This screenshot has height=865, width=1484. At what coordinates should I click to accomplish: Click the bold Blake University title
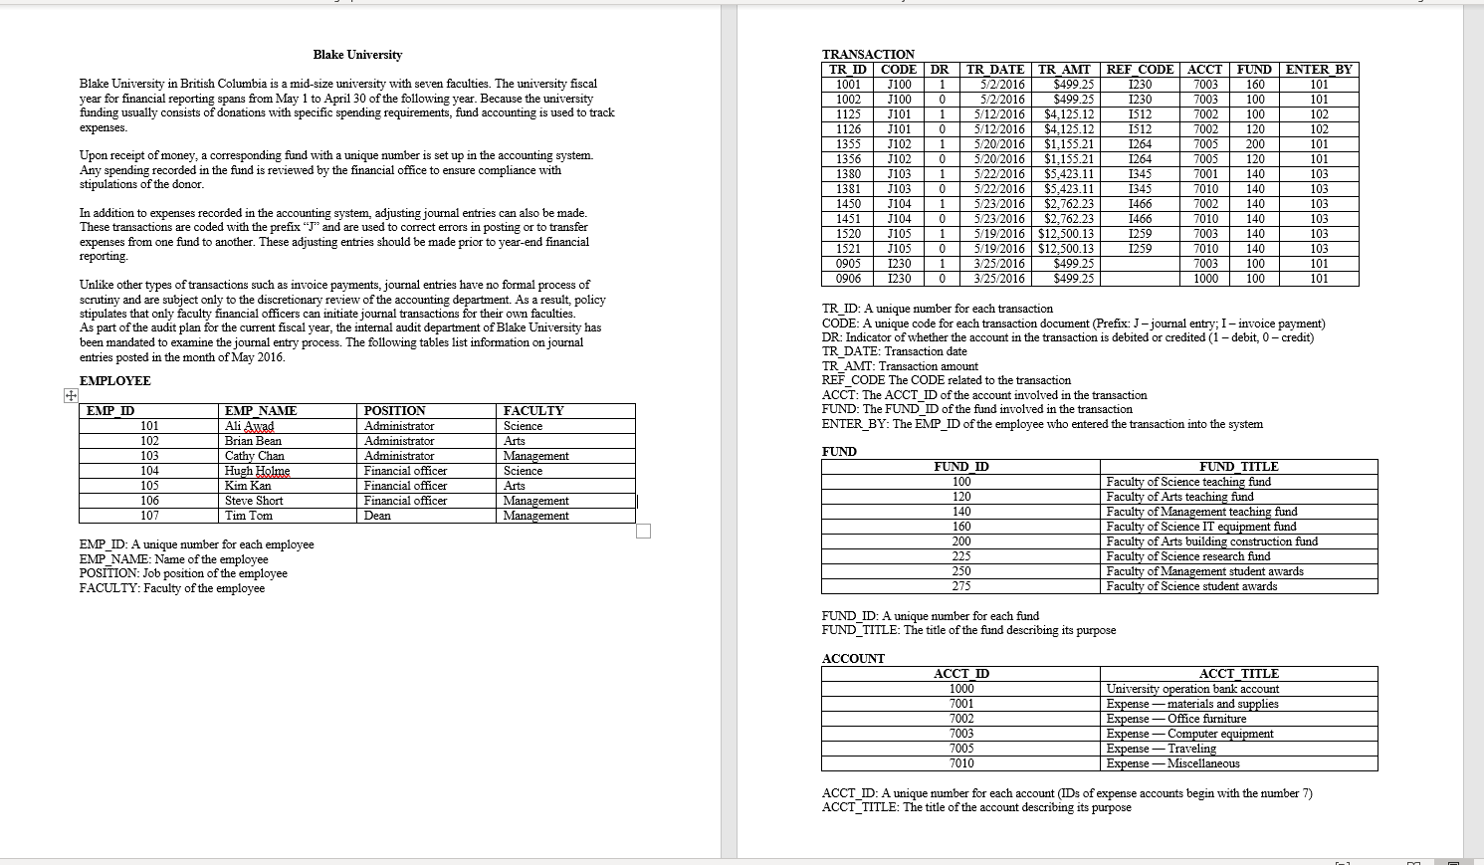click(357, 55)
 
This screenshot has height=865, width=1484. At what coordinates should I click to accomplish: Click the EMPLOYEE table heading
click(115, 381)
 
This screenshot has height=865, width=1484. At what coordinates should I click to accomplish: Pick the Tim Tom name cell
click(249, 516)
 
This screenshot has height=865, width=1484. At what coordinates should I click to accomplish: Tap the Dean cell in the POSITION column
click(378, 516)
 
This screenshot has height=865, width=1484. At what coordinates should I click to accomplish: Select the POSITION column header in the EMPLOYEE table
click(395, 411)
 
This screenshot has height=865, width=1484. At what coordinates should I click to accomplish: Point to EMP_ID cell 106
click(149, 501)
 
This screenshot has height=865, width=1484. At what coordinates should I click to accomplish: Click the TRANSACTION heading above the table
click(868, 55)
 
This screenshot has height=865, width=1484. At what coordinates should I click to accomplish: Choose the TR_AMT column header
click(1064, 70)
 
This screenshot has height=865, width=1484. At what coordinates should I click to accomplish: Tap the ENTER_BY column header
click(1319, 70)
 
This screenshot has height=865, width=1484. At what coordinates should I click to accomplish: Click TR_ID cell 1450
click(848, 204)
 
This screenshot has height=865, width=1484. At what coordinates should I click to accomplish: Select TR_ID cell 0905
click(848, 264)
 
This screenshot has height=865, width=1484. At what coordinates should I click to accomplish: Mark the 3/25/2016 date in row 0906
click(998, 279)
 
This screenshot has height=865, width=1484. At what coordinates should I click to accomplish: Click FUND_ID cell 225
click(961, 556)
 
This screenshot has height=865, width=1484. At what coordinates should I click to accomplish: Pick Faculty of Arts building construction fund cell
click(1211, 541)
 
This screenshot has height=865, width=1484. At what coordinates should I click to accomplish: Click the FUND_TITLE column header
click(1238, 467)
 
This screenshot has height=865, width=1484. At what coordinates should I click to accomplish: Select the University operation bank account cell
click(1192, 689)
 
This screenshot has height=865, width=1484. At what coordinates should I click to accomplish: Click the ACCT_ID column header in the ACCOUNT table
click(961, 674)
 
